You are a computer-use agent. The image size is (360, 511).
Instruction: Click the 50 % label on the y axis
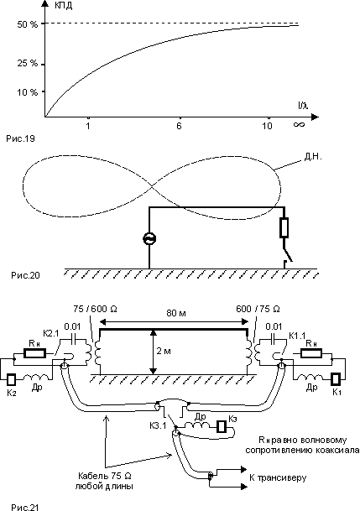click(28, 24)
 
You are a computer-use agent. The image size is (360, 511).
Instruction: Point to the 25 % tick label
click(28, 63)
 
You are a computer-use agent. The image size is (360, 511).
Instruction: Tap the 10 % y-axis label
click(28, 92)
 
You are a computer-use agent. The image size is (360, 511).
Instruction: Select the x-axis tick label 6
click(179, 126)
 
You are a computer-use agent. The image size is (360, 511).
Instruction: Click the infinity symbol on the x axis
click(299, 124)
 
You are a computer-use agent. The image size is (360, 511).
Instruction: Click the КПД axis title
click(63, 6)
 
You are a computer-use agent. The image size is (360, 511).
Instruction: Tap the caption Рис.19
click(20, 138)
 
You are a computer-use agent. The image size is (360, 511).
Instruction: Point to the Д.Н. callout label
click(313, 157)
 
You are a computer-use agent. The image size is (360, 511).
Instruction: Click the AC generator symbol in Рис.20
click(149, 239)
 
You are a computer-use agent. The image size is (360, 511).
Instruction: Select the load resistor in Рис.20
click(284, 227)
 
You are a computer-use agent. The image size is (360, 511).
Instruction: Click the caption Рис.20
click(25, 275)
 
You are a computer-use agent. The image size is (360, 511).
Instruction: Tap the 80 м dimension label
click(176, 313)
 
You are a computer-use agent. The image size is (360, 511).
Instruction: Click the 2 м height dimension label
click(164, 351)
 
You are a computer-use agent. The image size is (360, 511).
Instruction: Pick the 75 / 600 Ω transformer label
click(95, 308)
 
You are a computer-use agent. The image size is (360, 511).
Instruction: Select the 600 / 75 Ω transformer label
click(258, 308)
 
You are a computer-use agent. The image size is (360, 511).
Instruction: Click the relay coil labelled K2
click(12, 379)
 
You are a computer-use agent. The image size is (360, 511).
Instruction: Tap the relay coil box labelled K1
click(337, 379)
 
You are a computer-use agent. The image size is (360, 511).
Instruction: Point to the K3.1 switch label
click(158, 425)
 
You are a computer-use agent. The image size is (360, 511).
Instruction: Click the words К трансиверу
click(278, 477)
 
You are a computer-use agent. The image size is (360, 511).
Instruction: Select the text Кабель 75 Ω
click(105, 476)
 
